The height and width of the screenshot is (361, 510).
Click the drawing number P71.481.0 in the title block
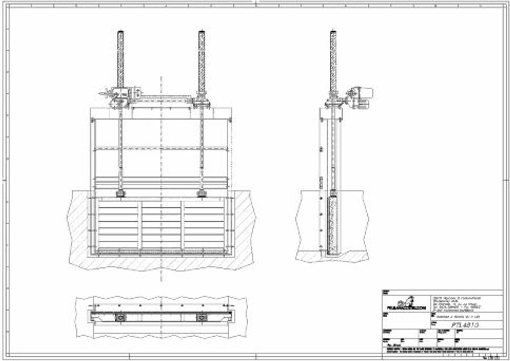(465, 325)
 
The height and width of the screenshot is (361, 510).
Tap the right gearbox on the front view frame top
(202, 102)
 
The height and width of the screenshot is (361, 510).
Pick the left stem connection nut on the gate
(121, 194)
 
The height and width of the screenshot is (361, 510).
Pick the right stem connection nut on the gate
(201, 194)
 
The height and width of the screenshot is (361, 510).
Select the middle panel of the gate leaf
(161, 225)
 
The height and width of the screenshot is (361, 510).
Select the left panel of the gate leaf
(118, 225)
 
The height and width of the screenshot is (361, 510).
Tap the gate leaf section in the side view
(333, 224)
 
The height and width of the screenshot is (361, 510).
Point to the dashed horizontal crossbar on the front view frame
(161, 149)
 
